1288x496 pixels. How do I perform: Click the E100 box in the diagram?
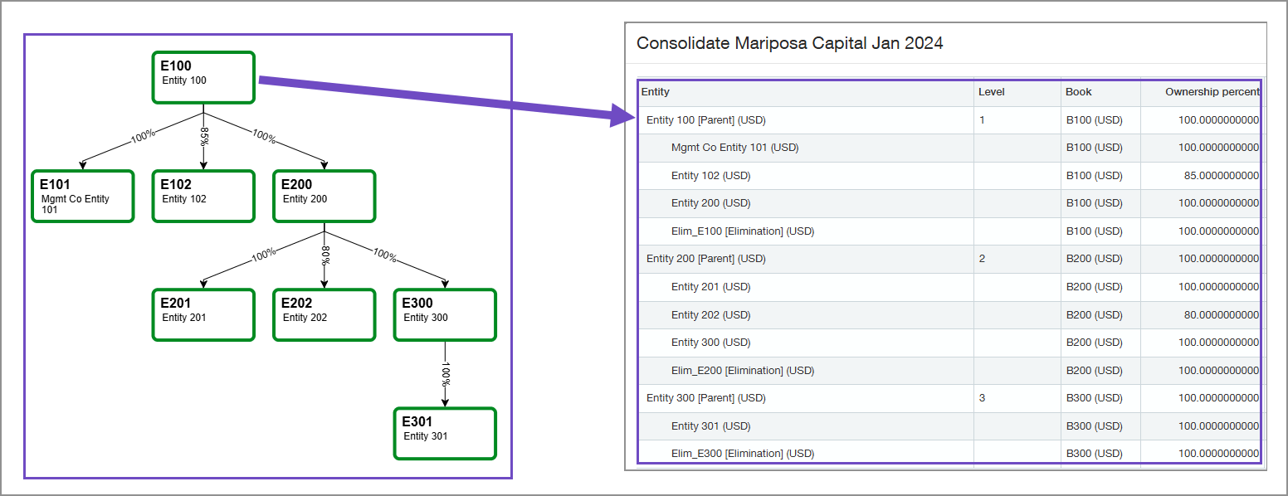tap(203, 77)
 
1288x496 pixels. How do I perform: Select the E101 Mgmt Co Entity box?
tap(82, 197)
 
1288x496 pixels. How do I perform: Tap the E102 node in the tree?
tap(203, 197)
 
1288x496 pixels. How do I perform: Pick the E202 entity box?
tap(324, 314)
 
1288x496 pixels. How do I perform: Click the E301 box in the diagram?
tap(445, 433)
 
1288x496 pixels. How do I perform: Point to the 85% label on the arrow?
tap(204, 136)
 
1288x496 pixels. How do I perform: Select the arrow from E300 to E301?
tap(445, 373)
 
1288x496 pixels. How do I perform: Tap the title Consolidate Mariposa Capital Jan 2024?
tap(789, 43)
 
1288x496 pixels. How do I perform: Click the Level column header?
tap(991, 92)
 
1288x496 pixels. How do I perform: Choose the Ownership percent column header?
tap(1212, 92)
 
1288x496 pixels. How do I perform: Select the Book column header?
tap(1078, 92)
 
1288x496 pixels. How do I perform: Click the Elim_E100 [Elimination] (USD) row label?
tap(742, 231)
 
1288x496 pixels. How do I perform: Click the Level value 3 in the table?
tap(982, 398)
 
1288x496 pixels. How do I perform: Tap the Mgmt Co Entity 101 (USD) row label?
tap(734, 148)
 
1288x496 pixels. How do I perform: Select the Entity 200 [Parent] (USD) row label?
tap(705, 259)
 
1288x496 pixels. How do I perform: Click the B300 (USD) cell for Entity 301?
tap(1094, 426)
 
